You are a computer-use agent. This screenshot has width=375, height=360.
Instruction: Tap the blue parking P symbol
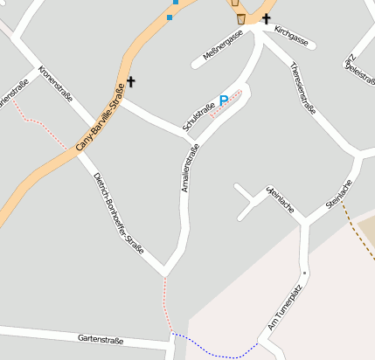click(x=224, y=101)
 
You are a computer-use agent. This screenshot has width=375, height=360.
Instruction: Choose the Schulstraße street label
click(x=199, y=116)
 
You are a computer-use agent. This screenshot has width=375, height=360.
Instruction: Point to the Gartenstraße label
click(x=101, y=339)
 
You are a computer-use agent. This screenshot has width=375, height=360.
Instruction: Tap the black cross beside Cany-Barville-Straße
click(x=131, y=82)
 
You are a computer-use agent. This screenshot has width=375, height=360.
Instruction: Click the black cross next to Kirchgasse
click(x=266, y=18)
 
